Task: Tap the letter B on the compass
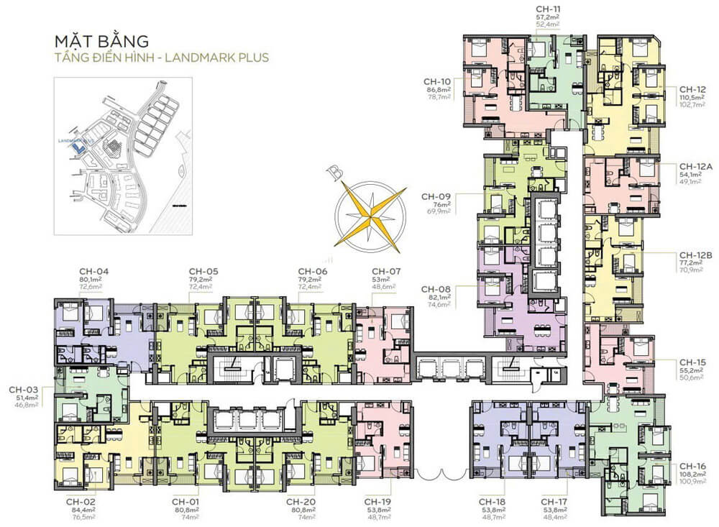point(332,173)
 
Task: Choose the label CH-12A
point(695,166)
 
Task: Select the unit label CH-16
point(695,467)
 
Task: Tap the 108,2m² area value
point(695,475)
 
